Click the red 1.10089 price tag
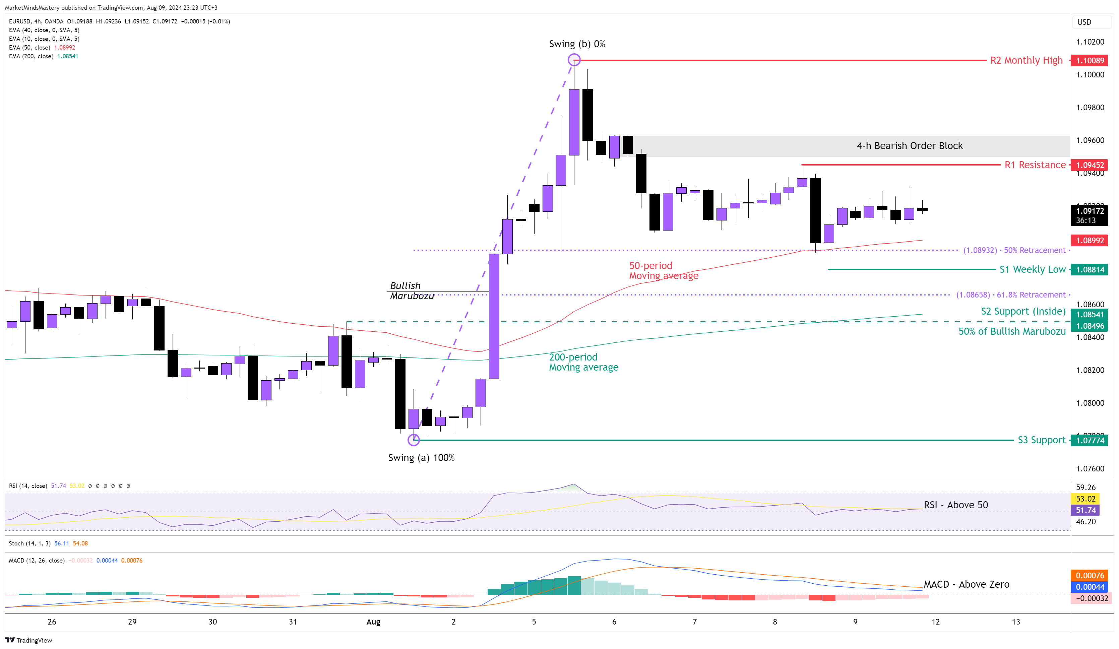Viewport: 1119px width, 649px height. [1089, 60]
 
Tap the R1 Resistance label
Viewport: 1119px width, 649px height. [1035, 165]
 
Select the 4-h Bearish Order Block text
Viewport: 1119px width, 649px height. [910, 146]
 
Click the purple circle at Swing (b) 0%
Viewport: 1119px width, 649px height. [574, 60]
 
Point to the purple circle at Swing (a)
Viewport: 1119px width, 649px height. [414, 440]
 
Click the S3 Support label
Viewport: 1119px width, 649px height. [1041, 440]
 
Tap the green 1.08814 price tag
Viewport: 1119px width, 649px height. [1089, 269]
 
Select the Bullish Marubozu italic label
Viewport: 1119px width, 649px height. [411, 291]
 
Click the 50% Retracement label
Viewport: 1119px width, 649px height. [1014, 250]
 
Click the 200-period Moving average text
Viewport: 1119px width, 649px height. [583, 362]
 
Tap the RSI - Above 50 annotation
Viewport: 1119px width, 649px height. [955, 505]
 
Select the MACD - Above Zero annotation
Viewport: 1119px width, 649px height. [966, 584]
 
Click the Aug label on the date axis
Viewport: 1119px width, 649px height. [373, 622]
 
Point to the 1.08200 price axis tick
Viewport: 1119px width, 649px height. [1090, 370]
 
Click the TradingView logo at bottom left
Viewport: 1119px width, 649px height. [28, 640]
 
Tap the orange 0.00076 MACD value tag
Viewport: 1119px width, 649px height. [1089, 575]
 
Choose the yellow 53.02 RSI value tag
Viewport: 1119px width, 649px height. [1085, 499]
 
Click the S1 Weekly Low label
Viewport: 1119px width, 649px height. [1032, 269]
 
